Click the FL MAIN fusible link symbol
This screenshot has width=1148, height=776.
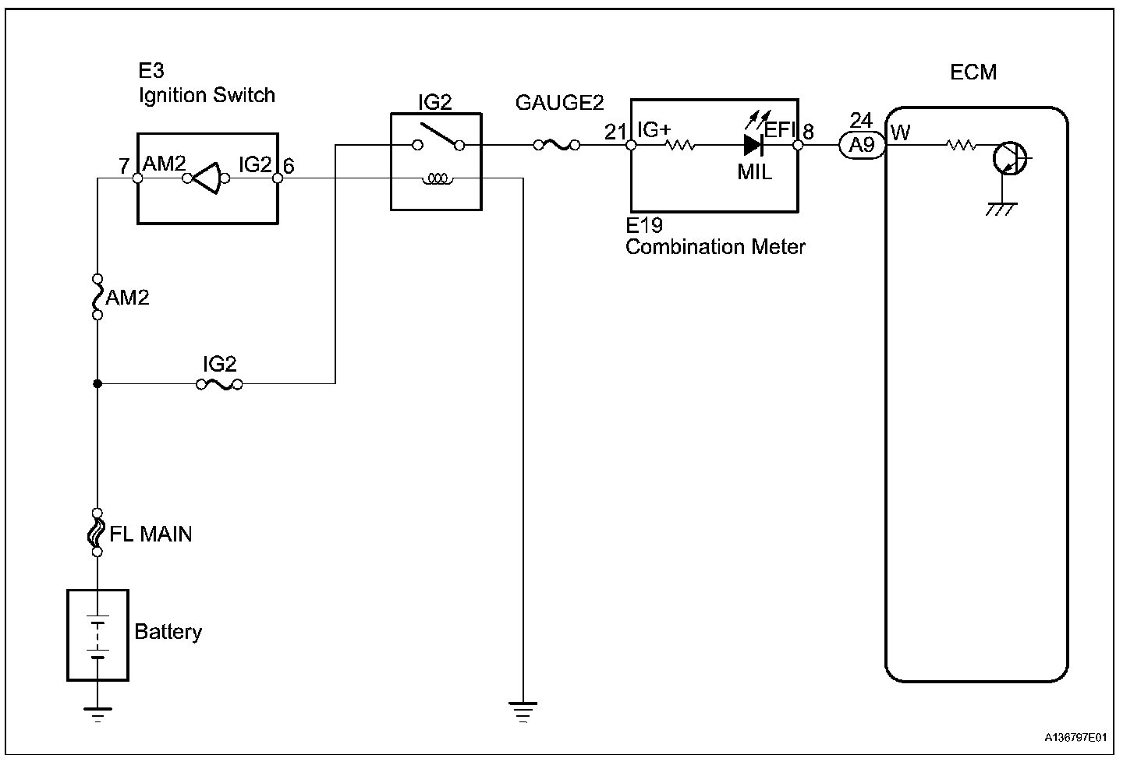coord(97,533)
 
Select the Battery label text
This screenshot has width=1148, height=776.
coord(168,631)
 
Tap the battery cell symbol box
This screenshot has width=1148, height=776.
coord(97,635)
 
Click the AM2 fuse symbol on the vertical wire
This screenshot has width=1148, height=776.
coord(97,297)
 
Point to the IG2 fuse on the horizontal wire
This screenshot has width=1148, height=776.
coord(219,384)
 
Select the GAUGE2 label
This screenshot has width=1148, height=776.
coord(559,104)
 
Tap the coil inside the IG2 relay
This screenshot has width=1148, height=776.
coord(437,180)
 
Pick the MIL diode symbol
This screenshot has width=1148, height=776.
coord(753,145)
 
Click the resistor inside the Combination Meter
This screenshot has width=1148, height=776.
coord(679,145)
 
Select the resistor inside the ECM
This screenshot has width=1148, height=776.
coord(960,145)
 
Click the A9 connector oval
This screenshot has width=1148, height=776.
coord(861,145)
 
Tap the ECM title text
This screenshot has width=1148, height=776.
coord(973,72)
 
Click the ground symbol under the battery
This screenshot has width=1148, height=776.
coord(97,714)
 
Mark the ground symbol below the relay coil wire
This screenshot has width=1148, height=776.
coord(523,711)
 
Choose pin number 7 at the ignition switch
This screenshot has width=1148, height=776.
coord(124,165)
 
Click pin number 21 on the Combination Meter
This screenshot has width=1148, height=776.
coord(615,132)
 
